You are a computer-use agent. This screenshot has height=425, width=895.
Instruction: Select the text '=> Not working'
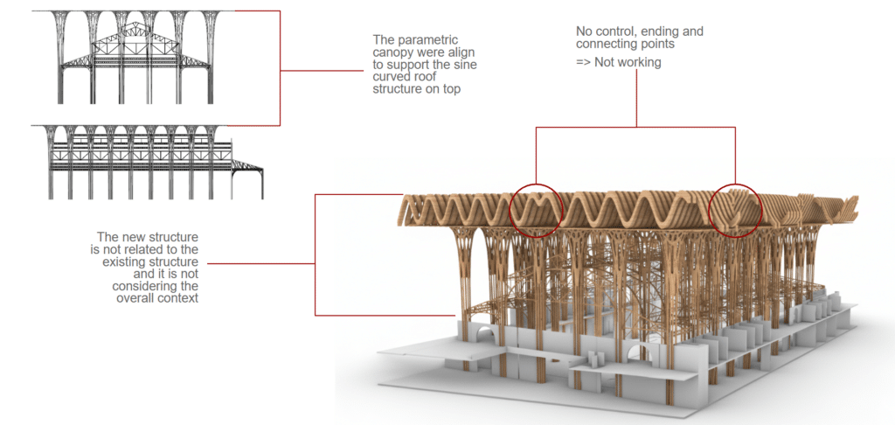pyautogui.click(x=619, y=63)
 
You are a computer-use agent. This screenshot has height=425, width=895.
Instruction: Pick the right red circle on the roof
pyautogui.click(x=735, y=210)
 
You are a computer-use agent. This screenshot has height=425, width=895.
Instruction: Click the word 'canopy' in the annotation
pyautogui.click(x=394, y=52)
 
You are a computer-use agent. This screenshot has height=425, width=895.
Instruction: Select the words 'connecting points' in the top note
pyautogui.click(x=625, y=44)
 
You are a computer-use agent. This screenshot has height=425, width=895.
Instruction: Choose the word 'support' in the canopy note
pyautogui.click(x=413, y=65)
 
